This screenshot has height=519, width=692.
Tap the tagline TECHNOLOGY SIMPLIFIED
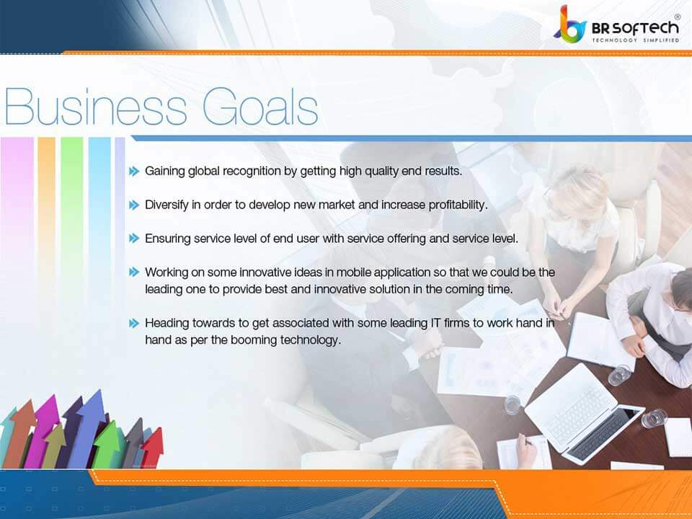click(x=636, y=40)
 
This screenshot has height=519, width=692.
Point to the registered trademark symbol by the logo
click(x=677, y=16)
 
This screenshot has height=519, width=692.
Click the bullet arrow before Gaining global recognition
click(x=134, y=172)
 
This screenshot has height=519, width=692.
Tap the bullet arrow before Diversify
click(x=134, y=205)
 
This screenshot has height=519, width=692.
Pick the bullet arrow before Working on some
click(x=134, y=272)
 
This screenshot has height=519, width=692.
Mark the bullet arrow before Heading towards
click(x=134, y=323)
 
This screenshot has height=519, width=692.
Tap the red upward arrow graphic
click(x=152, y=447)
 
